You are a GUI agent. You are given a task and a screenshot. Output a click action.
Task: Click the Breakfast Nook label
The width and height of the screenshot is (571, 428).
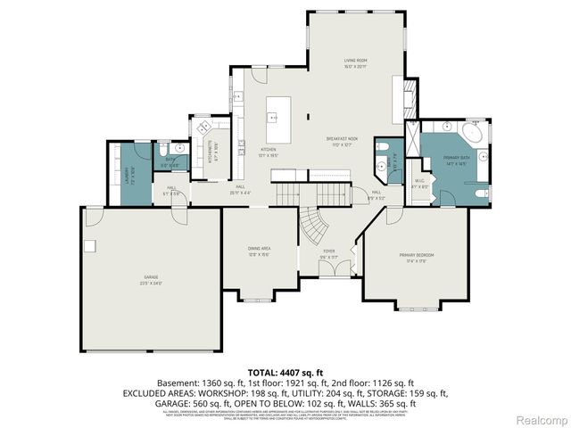coord(341,140)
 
